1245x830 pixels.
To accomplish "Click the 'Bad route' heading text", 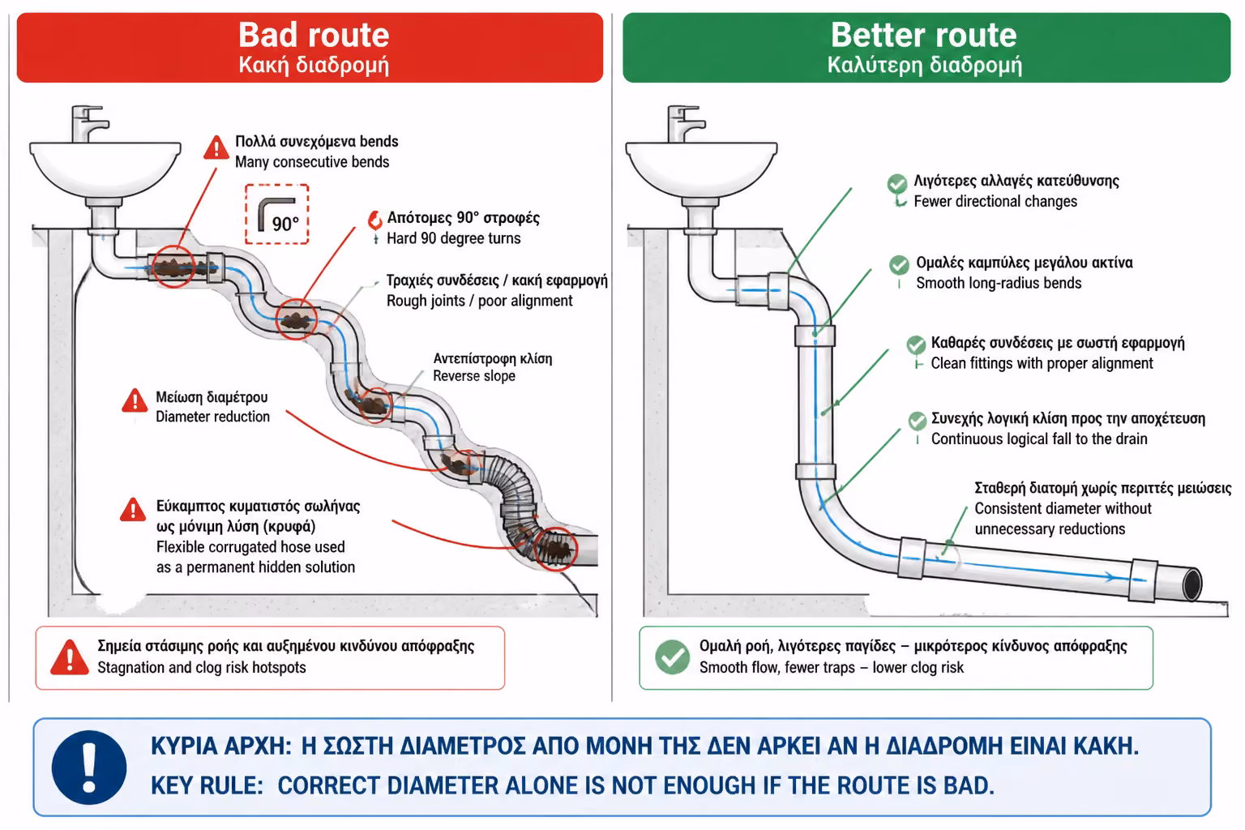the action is [x=314, y=35].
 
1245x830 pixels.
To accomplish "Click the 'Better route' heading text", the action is [x=924, y=35].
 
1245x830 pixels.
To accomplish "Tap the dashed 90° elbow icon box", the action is [x=276, y=214].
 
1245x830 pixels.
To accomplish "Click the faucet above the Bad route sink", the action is [x=89, y=124].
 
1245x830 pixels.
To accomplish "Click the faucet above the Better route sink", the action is [x=685, y=124].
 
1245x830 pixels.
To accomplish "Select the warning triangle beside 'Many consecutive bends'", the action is [x=216, y=148].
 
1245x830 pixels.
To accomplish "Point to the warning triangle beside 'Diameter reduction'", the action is [x=135, y=401].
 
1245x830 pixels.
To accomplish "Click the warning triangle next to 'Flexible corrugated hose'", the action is [x=133, y=510].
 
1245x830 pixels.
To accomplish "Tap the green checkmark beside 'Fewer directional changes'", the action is [x=896, y=183].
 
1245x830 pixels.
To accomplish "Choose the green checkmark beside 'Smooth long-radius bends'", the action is [x=899, y=264].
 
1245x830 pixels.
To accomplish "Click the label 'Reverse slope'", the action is [x=474, y=376].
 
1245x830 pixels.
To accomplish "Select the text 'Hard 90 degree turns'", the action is [x=454, y=238].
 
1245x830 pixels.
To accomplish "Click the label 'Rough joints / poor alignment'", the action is [x=479, y=301].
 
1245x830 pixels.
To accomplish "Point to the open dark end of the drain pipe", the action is [x=1193, y=584].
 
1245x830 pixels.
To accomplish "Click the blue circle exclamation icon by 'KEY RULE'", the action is [x=89, y=767].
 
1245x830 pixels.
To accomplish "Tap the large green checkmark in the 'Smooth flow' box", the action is [x=673, y=657].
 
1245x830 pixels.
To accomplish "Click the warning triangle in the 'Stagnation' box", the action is [x=70, y=657].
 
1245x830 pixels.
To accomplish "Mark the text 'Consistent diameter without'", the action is [x=1063, y=509].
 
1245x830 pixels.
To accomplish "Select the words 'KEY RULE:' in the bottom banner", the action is [x=207, y=785].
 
